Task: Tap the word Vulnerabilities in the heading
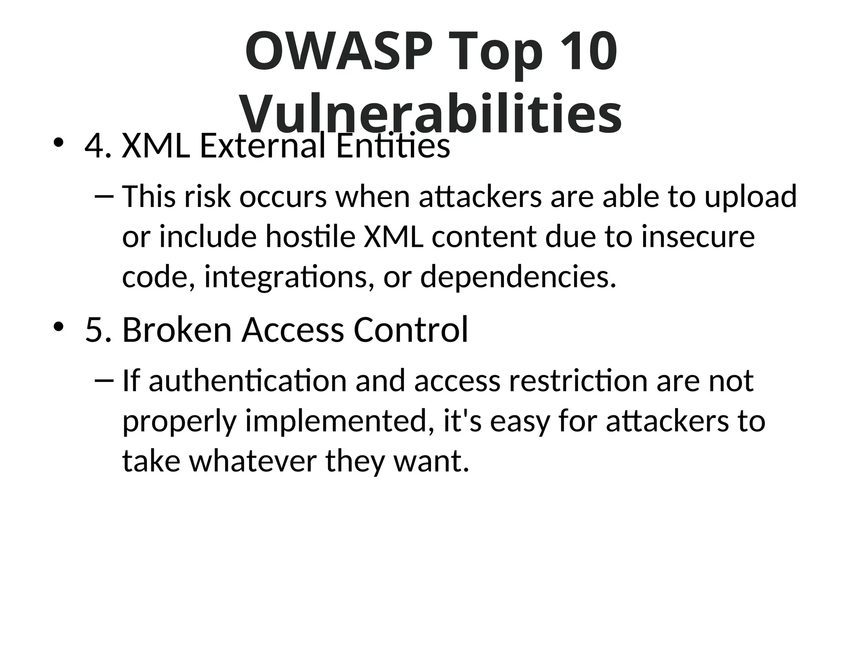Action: click(x=431, y=113)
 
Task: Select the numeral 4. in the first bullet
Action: click(x=98, y=146)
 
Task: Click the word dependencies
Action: click(x=518, y=278)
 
